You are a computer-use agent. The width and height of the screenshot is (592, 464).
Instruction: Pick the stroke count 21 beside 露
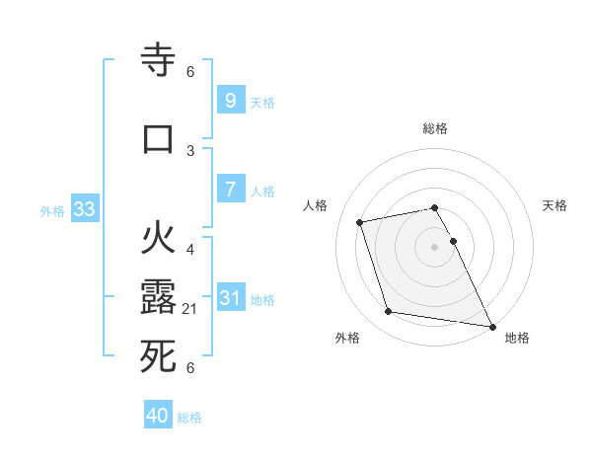coord(191,309)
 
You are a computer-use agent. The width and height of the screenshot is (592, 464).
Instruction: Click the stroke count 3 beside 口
coord(190,150)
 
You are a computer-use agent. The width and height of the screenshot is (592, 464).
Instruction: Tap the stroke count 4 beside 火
coord(190,249)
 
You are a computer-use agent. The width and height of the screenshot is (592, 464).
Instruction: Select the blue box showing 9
coord(230,101)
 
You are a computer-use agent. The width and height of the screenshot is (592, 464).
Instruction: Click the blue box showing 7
coord(230,190)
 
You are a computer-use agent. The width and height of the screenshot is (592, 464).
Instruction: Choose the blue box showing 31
coord(230,298)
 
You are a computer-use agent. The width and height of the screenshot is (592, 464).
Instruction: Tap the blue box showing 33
coord(84,209)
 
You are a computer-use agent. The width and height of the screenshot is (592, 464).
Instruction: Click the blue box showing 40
coord(157,416)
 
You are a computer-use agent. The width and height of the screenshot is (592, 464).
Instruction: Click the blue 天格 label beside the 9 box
coord(262,102)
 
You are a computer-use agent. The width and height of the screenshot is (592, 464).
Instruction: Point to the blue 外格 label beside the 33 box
coord(52,210)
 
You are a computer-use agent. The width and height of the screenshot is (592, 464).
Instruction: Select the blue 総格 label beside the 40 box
coord(190,418)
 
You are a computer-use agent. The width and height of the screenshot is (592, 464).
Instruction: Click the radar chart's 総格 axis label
coord(435,128)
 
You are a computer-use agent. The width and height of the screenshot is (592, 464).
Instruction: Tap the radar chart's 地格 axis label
coord(517,338)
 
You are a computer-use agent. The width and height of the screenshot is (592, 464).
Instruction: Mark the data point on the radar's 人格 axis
coord(360,221)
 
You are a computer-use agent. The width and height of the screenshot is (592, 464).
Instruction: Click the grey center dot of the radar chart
coord(435,246)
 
